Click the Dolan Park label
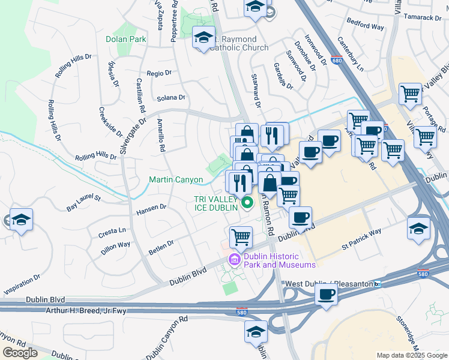pyautogui.click(x=126, y=39)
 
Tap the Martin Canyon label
pyautogui.click(x=176, y=179)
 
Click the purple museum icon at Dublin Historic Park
pyautogui.click(x=234, y=259)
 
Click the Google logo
pyautogui.click(x=20, y=353)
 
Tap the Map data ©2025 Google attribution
pyautogui.click(x=411, y=355)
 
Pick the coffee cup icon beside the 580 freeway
pyautogui.click(x=326, y=295)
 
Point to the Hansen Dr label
pyautogui.click(x=151, y=208)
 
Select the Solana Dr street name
pyautogui.click(x=171, y=97)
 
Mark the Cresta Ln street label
pyautogui.click(x=113, y=230)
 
